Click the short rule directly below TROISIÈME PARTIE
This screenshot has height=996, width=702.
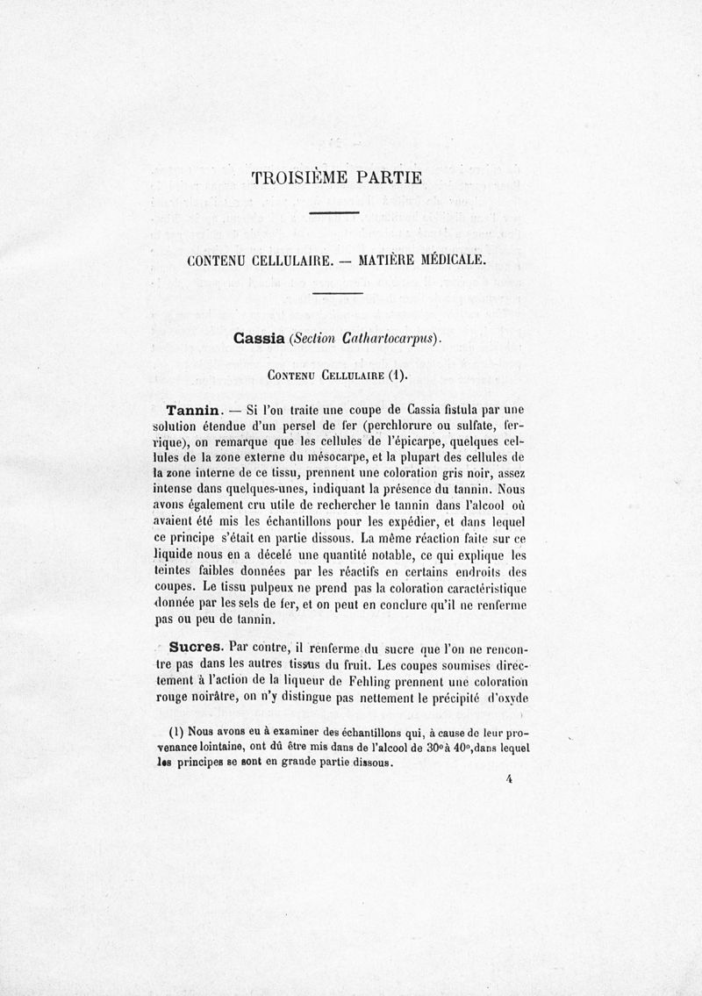click(x=334, y=211)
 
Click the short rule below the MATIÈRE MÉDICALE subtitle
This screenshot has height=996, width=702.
click(x=338, y=292)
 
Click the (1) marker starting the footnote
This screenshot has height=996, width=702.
click(x=176, y=732)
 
